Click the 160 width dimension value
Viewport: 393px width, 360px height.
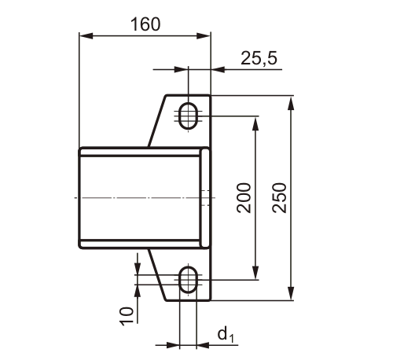coord(145,24)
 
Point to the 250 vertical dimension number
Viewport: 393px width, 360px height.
coord(280,197)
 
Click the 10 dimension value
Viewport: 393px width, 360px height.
coord(126,314)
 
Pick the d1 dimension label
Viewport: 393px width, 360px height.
coord(226,336)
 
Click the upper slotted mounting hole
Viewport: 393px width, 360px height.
coord(189,116)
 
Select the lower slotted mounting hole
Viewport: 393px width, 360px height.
coord(189,279)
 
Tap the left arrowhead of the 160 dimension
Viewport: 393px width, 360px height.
coord(84,35)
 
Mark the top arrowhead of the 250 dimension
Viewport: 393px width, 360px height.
coord(292,101)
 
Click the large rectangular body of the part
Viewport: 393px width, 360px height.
coord(141,197)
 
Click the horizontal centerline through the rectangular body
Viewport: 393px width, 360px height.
coord(118,197)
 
